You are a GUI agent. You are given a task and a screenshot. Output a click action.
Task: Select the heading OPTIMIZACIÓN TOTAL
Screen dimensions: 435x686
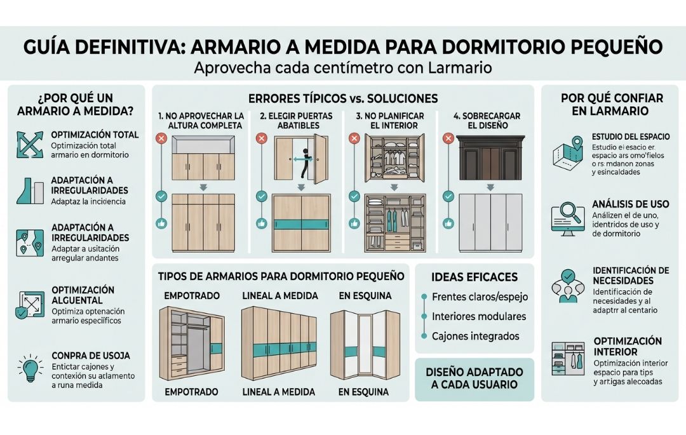click(x=95, y=135)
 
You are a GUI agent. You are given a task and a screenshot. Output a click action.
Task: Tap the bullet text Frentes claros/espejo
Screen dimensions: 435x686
click(x=480, y=297)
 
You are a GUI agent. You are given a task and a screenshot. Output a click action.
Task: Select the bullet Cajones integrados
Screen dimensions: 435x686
click(x=475, y=336)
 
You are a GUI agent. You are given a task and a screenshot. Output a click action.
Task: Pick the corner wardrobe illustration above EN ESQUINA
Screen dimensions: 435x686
click(x=365, y=344)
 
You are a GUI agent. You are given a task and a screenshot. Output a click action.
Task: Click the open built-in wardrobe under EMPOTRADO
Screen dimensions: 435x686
click(x=191, y=344)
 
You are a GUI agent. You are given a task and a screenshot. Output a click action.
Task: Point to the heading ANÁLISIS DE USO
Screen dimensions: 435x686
click(x=630, y=204)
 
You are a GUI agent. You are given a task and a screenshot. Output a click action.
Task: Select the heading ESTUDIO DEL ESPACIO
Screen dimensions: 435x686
click(x=628, y=137)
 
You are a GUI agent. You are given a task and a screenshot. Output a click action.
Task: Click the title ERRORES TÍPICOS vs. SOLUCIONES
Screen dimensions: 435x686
click(x=344, y=98)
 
